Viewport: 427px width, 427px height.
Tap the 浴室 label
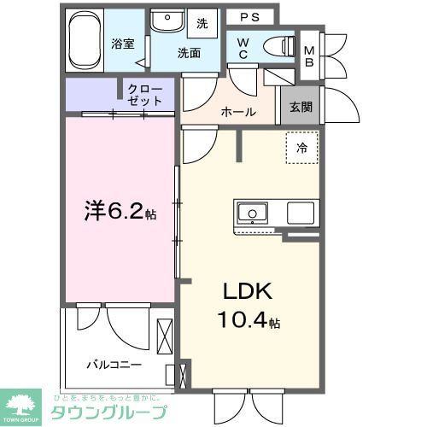point(123,44)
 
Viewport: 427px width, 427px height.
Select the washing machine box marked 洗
point(202,23)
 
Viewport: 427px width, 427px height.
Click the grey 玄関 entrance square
point(300,107)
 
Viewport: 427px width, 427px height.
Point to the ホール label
point(237,112)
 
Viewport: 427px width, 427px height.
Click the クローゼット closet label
point(145,94)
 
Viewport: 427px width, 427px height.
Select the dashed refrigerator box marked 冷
point(301,148)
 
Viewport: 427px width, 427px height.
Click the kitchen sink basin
point(253,212)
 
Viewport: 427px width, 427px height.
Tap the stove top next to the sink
point(301,213)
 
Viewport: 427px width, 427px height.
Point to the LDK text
point(247,292)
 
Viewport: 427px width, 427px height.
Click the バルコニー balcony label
point(114,365)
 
